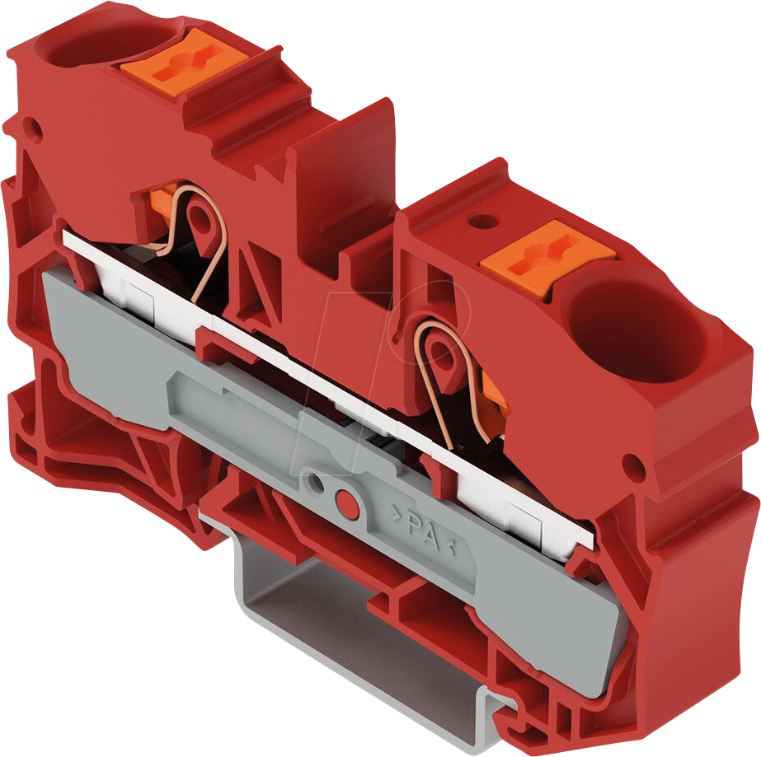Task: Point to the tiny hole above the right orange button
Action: point(483,220)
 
